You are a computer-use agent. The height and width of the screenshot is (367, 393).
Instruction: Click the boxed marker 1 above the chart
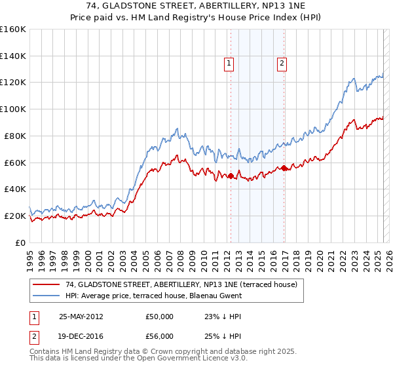click(229, 64)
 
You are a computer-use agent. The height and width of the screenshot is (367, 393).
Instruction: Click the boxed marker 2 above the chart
click(282, 64)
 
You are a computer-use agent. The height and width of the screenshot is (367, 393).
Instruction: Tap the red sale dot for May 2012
click(231, 176)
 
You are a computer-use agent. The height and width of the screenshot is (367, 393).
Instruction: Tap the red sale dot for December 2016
click(284, 168)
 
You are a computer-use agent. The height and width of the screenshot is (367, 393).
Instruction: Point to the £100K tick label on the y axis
click(13, 109)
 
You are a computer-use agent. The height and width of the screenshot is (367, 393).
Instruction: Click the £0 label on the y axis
click(21, 242)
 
